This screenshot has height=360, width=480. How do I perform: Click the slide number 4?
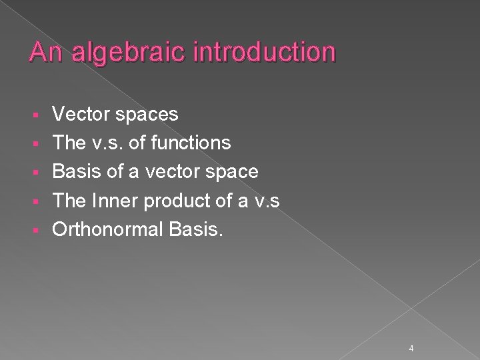tap(412, 330)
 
